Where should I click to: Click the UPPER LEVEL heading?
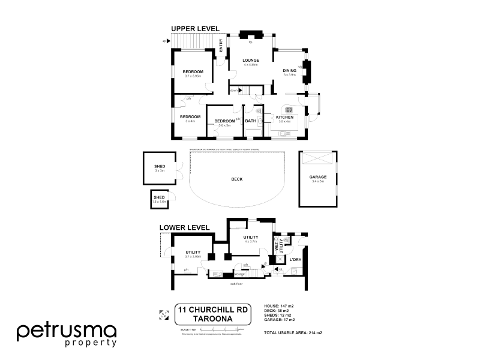[x=195, y=28]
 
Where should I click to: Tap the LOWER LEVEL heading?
[x=184, y=228]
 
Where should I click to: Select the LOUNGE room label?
[x=250, y=61]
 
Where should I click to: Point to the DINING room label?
[x=290, y=71]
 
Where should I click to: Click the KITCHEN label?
[x=284, y=117]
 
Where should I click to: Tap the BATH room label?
[x=250, y=121]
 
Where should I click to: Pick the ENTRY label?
[x=221, y=46]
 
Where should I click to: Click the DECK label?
[x=236, y=179]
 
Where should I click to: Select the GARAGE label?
[x=317, y=177]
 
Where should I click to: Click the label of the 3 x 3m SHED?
[x=160, y=167]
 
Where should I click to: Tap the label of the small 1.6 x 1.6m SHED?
[x=159, y=197]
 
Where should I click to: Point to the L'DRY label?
[x=295, y=259]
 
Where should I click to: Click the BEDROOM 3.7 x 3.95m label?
[x=193, y=72]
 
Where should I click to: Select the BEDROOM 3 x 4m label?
[x=190, y=116]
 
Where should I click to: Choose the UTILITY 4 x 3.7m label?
[x=250, y=238]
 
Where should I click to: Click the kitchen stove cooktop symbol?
[x=289, y=110]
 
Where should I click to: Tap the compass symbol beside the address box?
[x=162, y=314]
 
